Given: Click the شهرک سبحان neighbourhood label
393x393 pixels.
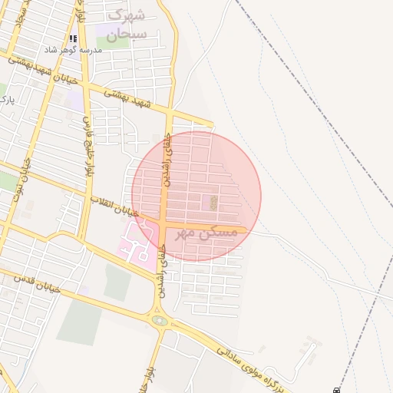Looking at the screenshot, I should [x=126, y=25].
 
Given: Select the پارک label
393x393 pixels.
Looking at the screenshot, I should [x=6, y=100].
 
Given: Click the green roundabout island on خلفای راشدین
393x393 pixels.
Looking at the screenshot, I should [x=160, y=320].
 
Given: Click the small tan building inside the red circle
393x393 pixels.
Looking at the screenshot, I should [x=213, y=203].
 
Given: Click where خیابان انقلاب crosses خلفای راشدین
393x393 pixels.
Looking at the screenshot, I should [x=164, y=223].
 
